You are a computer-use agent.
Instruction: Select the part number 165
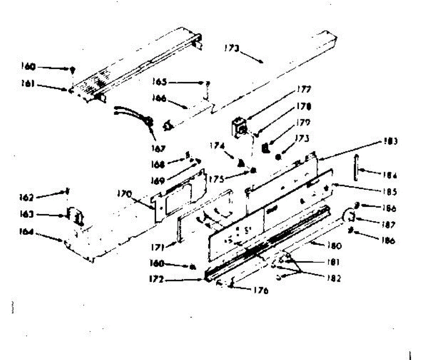pos(159,82)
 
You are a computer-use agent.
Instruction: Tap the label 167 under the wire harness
pos(158,148)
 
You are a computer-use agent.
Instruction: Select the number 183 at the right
pos(391,141)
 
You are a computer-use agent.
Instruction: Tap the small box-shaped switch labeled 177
pos(239,127)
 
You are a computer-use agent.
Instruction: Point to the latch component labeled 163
pos(75,216)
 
